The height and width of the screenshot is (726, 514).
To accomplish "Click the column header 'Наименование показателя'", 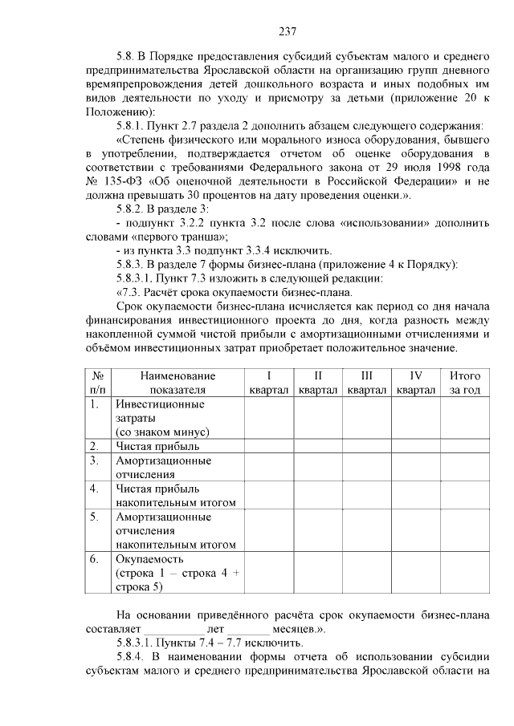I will click(177, 383).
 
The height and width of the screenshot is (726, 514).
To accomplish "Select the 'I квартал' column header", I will click(269, 383).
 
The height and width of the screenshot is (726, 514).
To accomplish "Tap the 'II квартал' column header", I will click(318, 383).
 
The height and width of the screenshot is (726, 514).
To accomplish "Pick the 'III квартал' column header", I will click(367, 383).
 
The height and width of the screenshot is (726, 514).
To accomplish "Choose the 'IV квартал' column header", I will click(416, 383).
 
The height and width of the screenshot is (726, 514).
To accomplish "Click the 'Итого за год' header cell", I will click(465, 383).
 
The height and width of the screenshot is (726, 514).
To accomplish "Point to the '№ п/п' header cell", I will click(97, 383).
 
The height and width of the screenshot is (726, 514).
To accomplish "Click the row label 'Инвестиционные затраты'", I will click(153, 411).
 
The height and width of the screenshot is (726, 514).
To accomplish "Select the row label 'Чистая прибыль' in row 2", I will click(157, 446).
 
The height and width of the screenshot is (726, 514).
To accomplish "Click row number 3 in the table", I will click(94, 460).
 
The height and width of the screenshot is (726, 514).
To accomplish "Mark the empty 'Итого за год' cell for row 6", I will click(465, 573).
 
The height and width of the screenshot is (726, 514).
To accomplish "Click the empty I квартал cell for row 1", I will click(269, 417).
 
